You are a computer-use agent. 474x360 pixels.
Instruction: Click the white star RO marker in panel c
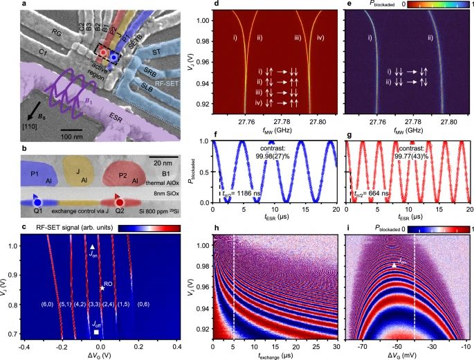(101, 287)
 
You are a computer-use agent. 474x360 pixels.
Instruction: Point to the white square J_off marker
(95, 333)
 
